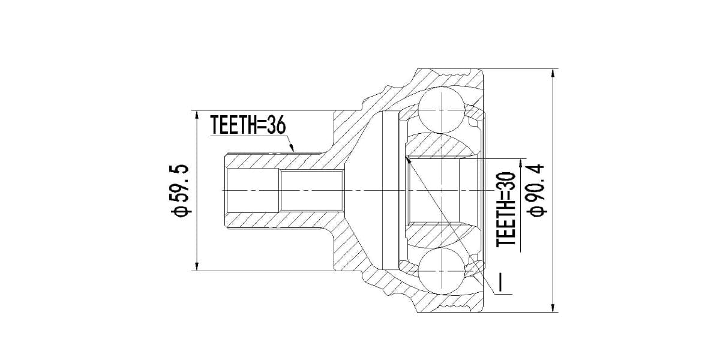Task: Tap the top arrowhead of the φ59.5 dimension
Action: pyautogui.click(x=197, y=115)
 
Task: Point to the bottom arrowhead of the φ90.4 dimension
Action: pyautogui.click(x=553, y=308)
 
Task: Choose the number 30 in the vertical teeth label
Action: pyautogui.click(x=507, y=180)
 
